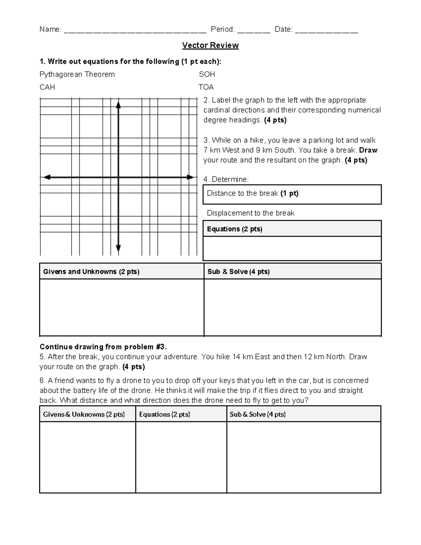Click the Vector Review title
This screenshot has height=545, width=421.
(210, 45)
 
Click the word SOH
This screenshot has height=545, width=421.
(207, 74)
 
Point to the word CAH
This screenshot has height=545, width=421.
(47, 87)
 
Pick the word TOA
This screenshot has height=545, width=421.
(206, 87)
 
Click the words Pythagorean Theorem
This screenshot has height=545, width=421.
(77, 74)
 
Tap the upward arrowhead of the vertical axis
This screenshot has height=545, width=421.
(119, 104)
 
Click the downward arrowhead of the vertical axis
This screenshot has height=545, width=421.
(119, 248)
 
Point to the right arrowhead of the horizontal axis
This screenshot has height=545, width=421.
(190, 177)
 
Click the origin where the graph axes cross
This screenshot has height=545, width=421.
(119, 177)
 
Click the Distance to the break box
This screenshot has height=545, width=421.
(292, 194)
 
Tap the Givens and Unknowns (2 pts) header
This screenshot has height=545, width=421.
(91, 272)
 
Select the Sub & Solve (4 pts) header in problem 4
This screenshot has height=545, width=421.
(239, 272)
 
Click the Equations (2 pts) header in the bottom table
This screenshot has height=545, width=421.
(165, 414)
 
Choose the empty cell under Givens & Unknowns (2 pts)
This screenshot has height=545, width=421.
(87, 457)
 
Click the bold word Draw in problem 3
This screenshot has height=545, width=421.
(368, 150)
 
